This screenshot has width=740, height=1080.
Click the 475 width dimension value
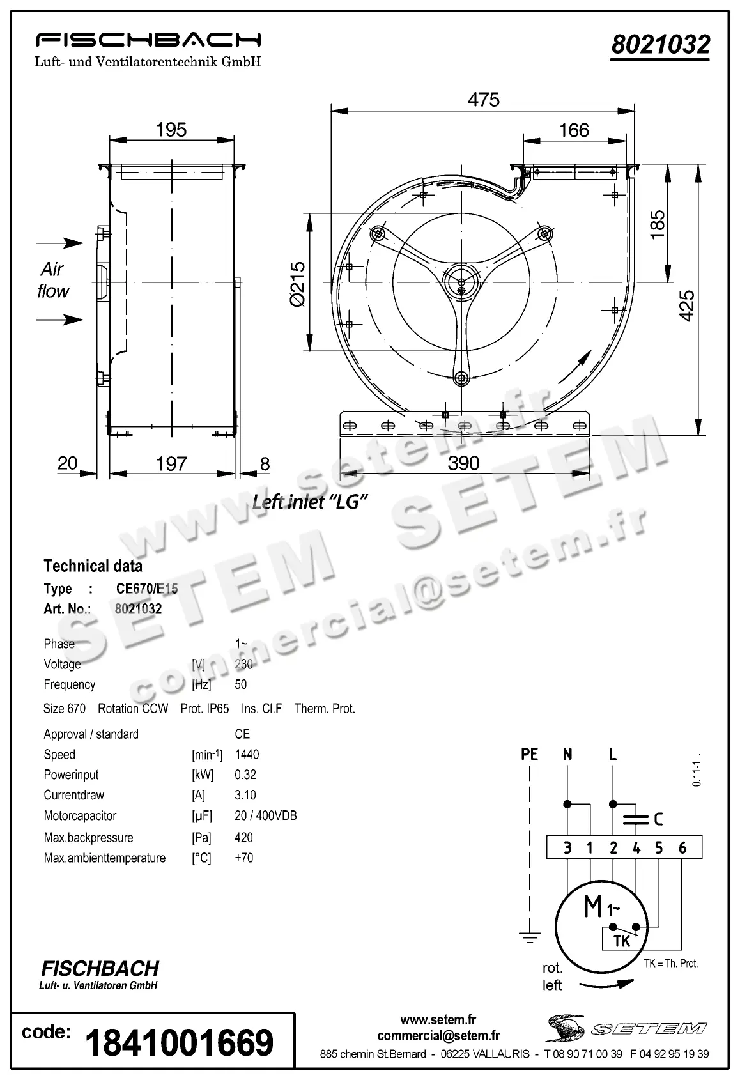(483, 100)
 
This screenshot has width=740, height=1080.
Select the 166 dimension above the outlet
(573, 130)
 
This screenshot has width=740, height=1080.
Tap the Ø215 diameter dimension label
(298, 283)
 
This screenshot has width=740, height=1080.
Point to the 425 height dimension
(686, 305)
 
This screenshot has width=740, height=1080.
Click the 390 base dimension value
(463, 463)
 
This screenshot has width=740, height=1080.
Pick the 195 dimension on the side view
(171, 130)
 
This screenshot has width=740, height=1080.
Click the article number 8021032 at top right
(660, 45)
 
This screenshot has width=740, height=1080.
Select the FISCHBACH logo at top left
(148, 41)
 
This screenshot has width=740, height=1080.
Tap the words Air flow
(52, 280)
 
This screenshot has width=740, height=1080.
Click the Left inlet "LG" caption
(310, 502)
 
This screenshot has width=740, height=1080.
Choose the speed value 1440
(247, 754)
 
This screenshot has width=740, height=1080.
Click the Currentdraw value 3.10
(245, 795)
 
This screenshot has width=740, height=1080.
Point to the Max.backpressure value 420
(243, 837)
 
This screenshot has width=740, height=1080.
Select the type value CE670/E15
(146, 589)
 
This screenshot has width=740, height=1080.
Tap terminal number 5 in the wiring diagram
(659, 847)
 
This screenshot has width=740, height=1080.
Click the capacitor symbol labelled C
(635, 819)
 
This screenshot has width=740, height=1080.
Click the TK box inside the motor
(621, 940)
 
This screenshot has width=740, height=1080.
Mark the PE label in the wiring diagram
(529, 754)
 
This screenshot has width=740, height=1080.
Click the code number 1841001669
(179, 1043)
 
